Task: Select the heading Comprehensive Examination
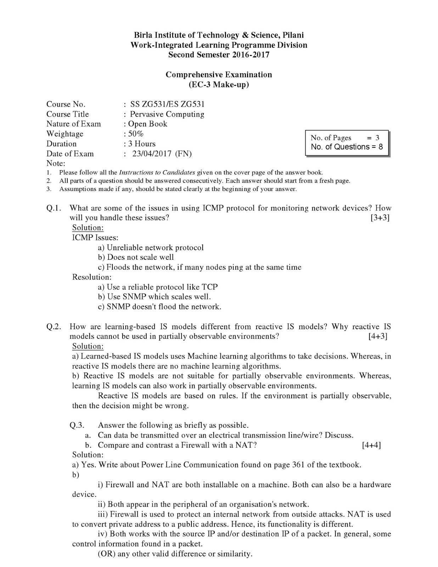tap(219, 75)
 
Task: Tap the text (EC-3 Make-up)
tap(219, 85)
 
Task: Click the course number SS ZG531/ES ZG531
tap(167, 104)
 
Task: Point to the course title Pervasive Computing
tap(167, 114)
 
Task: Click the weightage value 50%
tap(136, 134)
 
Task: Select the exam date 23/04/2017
tap(152, 154)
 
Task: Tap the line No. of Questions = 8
tap(347, 147)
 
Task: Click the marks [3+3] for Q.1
tap(380, 218)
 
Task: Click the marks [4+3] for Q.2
tap(378, 336)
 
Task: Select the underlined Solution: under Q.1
tap(88, 228)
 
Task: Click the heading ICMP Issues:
tap(95, 238)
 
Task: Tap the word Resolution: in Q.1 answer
tap(92, 277)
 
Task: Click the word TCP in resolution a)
tap(209, 287)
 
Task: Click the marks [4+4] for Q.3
tap(371, 445)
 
